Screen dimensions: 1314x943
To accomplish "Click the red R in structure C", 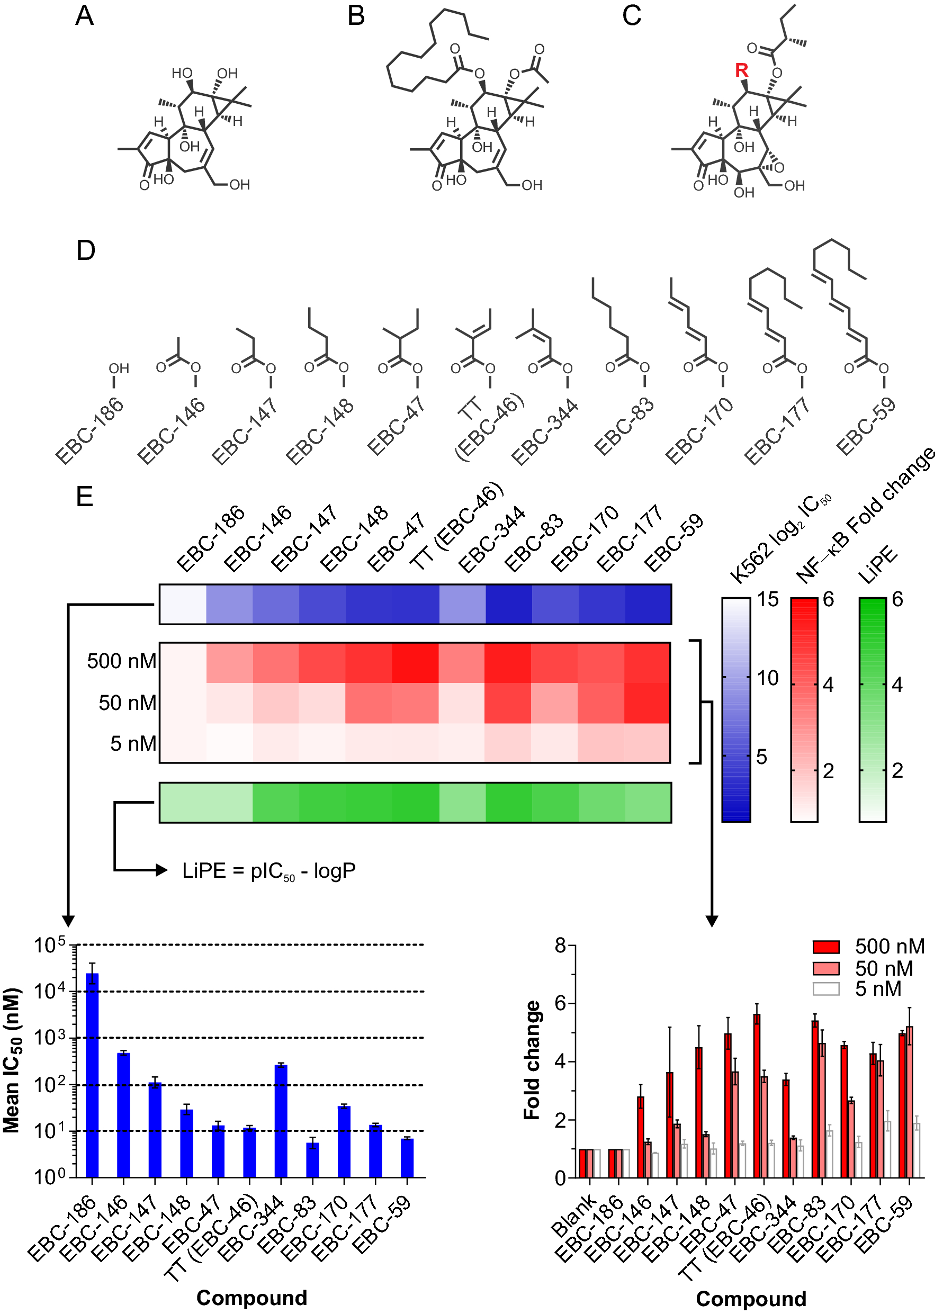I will (x=741, y=71).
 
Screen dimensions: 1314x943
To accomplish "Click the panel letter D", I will (x=86, y=251).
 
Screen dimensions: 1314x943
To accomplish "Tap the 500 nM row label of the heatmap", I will (x=121, y=662).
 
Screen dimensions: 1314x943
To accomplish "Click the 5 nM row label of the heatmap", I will (x=133, y=744).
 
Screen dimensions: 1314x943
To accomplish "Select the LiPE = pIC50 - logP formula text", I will (x=268, y=871).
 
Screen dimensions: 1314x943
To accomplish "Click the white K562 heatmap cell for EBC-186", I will (x=183, y=604).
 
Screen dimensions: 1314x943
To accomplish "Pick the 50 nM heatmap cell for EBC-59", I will (x=648, y=703).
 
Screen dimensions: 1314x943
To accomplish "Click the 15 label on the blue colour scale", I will (x=768, y=600).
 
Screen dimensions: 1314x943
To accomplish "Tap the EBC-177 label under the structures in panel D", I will (x=776, y=431).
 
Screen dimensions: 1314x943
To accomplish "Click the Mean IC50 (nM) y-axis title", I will (x=12, y=1060).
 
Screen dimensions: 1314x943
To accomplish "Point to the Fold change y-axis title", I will (x=532, y=1060).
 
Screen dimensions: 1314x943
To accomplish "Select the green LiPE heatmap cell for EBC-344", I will (x=462, y=803).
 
